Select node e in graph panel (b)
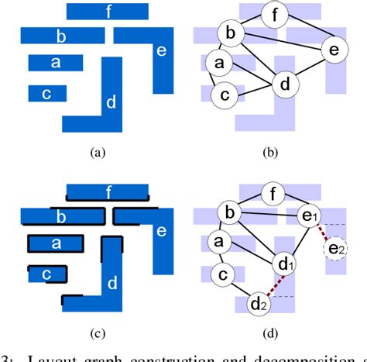pyautogui.click(x=334, y=50)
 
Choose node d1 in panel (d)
pyautogui.click(x=286, y=265)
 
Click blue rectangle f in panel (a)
pyautogui.click(x=107, y=11)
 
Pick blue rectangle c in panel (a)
pyautogui.click(x=47, y=93)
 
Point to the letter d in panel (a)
pyautogui.click(x=111, y=102)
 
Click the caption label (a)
pyautogui.click(x=98, y=153)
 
